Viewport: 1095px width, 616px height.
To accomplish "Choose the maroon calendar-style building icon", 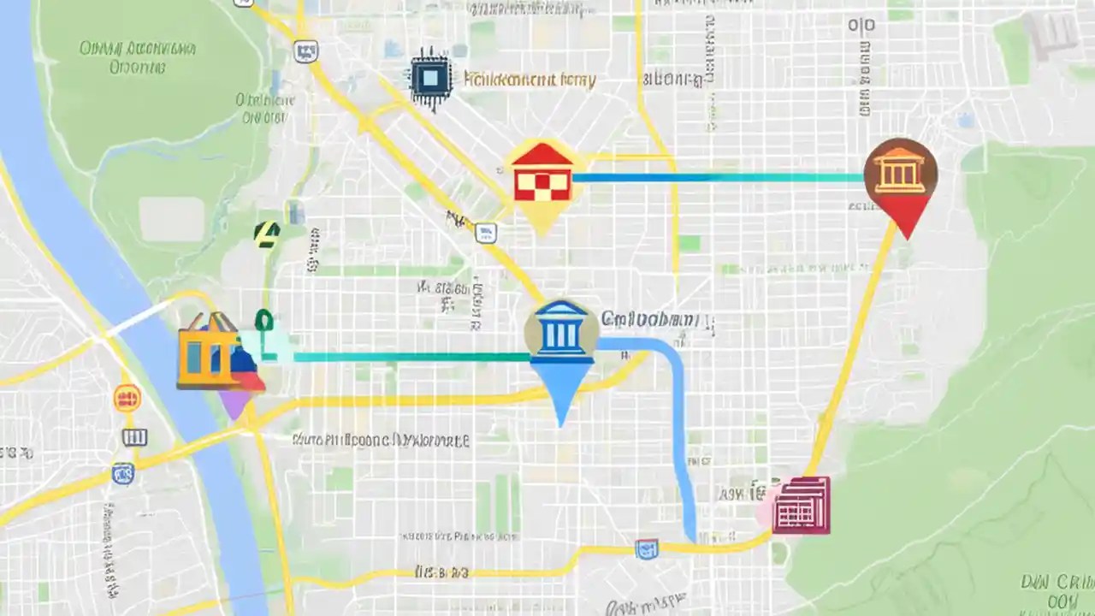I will (801, 505).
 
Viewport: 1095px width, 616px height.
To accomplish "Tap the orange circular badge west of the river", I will (127, 398).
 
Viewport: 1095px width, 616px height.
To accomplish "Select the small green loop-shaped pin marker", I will (264, 322).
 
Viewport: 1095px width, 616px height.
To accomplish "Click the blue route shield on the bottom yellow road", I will (647, 548).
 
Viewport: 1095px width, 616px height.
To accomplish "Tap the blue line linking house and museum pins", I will (719, 178).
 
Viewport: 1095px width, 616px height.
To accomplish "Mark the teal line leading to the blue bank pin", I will (411, 357).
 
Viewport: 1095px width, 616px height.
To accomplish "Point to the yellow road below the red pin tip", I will (855, 342).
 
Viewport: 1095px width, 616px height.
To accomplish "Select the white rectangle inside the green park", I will (172, 219).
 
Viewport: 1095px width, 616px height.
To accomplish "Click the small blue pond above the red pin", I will (966, 121).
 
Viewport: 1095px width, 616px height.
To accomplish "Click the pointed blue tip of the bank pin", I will (561, 419).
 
